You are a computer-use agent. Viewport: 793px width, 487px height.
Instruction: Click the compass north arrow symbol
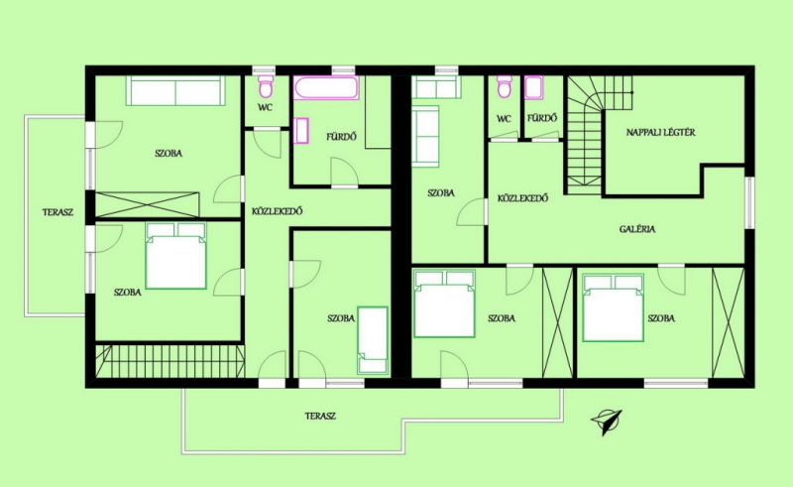coord(607,422)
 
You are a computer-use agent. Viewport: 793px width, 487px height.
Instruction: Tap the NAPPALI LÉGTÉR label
coord(660,133)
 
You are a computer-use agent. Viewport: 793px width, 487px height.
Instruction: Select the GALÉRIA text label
coord(637,229)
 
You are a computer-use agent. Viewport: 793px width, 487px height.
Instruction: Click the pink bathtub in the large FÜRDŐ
coord(326,87)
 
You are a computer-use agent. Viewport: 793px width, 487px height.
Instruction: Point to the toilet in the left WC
coord(266,86)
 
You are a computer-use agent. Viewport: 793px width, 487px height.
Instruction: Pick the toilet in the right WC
coord(505,86)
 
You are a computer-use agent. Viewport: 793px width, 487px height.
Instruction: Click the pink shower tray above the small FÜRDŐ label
coord(533,87)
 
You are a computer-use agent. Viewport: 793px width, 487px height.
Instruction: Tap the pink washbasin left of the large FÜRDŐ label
coord(301,131)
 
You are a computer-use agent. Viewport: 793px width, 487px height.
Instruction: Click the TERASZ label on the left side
coord(57,212)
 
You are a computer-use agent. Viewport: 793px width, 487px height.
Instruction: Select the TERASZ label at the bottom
coord(320,417)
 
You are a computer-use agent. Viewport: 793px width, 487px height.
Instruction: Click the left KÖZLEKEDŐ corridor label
coord(278,211)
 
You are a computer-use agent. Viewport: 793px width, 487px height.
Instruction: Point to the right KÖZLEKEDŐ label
coord(523,198)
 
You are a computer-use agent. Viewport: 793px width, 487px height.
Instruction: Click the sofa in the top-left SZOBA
coord(175,90)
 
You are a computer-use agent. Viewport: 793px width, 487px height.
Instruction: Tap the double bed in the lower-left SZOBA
coord(176,255)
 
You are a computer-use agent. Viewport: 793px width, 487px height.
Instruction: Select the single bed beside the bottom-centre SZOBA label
coord(373,339)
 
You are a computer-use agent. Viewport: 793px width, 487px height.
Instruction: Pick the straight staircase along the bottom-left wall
coord(170,361)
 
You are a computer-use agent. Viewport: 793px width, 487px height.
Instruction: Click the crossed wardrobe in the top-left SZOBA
coord(147,204)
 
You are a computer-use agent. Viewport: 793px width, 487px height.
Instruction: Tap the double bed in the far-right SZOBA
coord(613,307)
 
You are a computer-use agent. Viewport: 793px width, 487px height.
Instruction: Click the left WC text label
coord(265,107)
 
